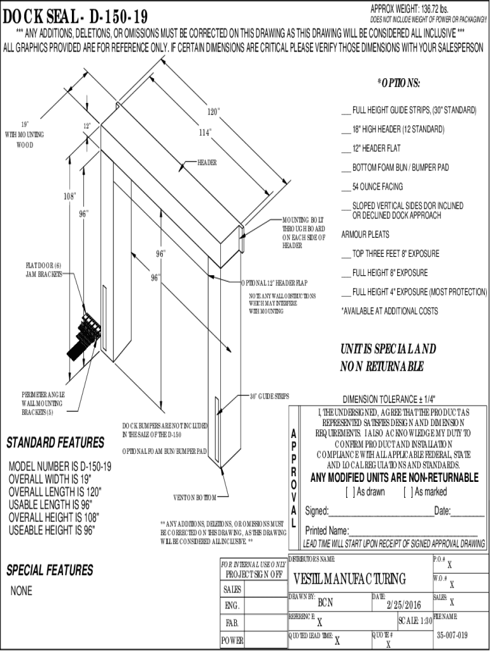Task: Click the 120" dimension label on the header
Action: [213, 112]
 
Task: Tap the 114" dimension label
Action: [205, 133]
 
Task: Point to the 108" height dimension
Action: [69, 196]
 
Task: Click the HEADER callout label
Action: [207, 163]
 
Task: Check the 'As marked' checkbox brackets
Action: [407, 492]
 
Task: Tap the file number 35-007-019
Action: [452, 635]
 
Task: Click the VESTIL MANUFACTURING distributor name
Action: [349, 579]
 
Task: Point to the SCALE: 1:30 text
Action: [416, 620]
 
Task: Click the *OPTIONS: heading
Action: [398, 84]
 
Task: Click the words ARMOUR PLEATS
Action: [365, 235]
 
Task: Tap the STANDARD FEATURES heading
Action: [55, 442]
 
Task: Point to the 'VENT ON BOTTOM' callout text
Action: [195, 497]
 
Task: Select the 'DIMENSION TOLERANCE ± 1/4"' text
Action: [389, 400]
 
